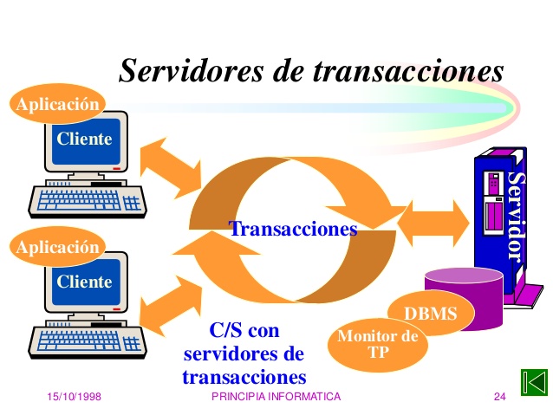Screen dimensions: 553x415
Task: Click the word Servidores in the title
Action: click(x=191, y=70)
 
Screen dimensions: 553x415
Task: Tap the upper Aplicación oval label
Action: click(x=57, y=104)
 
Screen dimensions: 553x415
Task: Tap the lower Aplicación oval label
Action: click(x=57, y=246)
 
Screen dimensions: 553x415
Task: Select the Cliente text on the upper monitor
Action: click(x=84, y=139)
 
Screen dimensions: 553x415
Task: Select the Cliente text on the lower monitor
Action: click(x=84, y=282)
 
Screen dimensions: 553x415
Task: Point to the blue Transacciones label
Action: click(x=293, y=229)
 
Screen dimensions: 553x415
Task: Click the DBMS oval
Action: click(x=431, y=313)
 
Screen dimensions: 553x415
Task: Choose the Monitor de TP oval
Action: click(x=378, y=344)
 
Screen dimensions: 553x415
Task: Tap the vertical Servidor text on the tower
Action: click(x=516, y=217)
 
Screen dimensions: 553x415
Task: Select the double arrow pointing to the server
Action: click(x=433, y=224)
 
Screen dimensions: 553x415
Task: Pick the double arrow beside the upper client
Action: click(x=171, y=168)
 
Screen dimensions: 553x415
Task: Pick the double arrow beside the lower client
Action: click(x=171, y=307)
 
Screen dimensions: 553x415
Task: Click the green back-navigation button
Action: click(x=534, y=382)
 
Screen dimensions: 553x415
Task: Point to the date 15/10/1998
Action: click(x=74, y=397)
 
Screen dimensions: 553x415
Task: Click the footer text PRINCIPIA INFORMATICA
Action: click(x=276, y=397)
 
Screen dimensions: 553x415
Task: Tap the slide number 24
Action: click(x=500, y=397)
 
